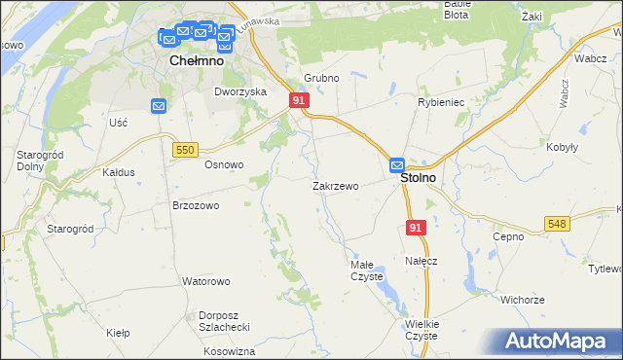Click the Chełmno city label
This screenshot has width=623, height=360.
197,60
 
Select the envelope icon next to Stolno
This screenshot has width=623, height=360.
398,166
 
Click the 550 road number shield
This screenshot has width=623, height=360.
187,149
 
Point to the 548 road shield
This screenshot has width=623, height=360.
557,224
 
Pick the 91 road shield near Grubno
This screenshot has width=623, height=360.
299,100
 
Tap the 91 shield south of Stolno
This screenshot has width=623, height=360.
416,227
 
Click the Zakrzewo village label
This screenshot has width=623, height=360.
336,186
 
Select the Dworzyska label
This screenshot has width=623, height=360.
240,91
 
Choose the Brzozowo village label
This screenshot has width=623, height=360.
196,205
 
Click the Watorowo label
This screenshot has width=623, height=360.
205,281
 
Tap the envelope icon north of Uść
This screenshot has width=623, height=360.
159,106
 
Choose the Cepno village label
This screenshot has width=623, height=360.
508,235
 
